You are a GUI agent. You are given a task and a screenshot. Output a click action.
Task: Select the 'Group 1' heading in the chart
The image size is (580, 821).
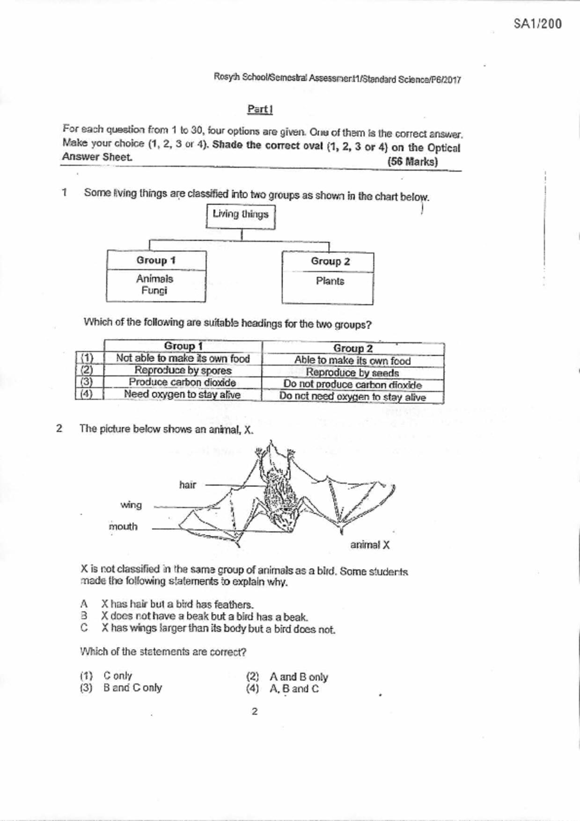click(156, 260)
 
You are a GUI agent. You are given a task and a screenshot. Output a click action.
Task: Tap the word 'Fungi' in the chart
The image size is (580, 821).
click(154, 291)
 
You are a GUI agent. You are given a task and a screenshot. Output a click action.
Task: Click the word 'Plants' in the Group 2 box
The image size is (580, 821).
click(330, 281)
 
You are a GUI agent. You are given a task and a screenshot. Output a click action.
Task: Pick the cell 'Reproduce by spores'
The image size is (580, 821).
click(183, 370)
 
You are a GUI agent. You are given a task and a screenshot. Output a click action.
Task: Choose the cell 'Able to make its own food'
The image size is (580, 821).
click(352, 361)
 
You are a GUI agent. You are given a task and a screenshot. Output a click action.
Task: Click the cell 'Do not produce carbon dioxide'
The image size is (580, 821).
click(352, 385)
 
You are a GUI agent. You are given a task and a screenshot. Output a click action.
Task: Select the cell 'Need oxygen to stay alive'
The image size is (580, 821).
click(182, 394)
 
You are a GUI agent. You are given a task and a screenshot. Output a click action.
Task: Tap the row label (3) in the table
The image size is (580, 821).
click(87, 382)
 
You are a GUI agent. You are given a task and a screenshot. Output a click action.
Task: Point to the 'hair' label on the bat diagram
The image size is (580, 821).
click(187, 485)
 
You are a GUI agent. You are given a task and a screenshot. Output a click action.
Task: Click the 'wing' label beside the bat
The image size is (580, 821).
click(131, 505)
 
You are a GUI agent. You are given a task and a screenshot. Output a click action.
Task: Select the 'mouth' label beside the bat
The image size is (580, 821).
click(123, 527)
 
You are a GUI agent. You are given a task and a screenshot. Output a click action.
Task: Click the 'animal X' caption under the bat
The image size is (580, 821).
click(370, 545)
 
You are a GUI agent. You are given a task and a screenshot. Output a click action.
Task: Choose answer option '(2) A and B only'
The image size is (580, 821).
click(287, 677)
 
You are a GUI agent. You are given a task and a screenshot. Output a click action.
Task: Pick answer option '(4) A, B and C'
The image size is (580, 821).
click(283, 689)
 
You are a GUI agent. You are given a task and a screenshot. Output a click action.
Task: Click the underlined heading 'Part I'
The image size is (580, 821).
click(260, 110)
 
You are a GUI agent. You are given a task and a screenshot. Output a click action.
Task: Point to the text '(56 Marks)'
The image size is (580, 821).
click(412, 162)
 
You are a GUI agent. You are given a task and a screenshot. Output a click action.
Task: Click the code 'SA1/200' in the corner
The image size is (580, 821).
click(537, 24)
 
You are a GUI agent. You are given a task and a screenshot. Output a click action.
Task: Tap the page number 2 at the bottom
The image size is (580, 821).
click(255, 712)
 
